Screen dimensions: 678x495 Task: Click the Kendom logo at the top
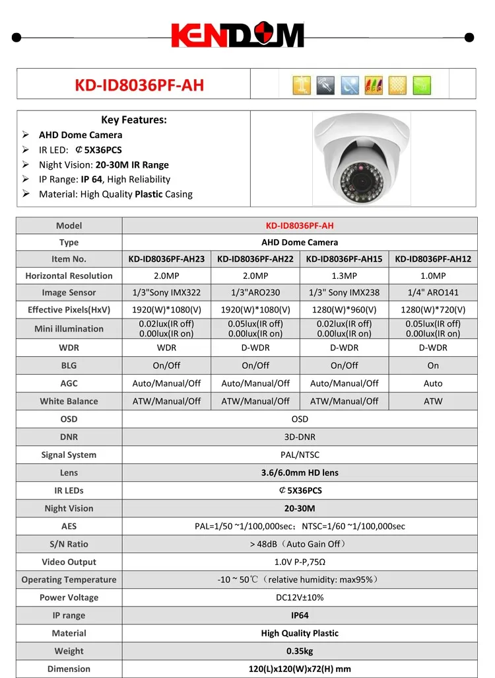[238, 36]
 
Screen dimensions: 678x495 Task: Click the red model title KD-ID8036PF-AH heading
[139, 85]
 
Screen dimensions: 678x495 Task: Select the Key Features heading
[134, 120]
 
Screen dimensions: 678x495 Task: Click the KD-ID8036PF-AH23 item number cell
[166, 259]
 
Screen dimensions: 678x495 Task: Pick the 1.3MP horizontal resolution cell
[344, 276]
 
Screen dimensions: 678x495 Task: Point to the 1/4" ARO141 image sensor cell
[433, 292]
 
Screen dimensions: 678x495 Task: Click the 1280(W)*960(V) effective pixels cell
[344, 309]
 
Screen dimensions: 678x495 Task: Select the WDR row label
[69, 348]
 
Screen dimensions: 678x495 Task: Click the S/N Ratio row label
[69, 544]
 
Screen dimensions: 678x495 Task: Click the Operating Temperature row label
[69, 580]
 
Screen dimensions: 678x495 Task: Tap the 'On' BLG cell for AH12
[433, 365]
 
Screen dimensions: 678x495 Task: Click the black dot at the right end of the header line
[469, 38]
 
